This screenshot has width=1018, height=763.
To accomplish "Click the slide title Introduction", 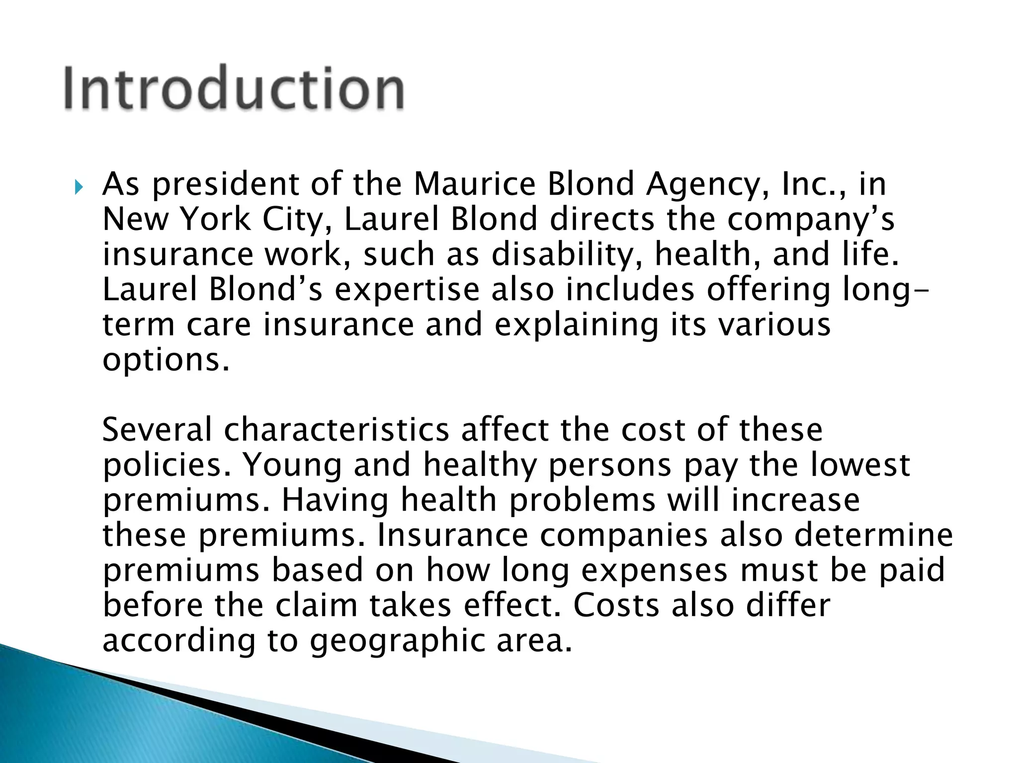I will point(234,88).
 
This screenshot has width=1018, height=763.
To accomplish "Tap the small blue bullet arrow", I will point(79,187).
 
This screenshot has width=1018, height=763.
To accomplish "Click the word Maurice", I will point(474,184).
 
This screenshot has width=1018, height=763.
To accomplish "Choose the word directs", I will point(602,219).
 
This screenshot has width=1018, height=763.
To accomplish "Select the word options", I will point(167,361).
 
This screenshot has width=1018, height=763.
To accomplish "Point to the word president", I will point(226,185).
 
